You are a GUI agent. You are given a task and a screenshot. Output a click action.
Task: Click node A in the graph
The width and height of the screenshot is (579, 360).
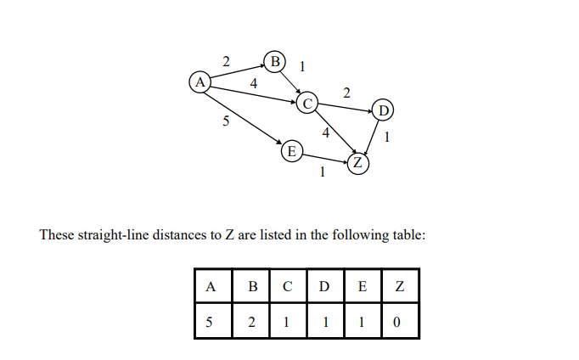tap(200, 82)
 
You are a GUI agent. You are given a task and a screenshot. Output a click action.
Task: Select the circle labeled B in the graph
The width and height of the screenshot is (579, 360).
tap(274, 61)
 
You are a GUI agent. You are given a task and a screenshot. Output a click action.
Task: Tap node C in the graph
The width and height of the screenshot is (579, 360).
tap(306, 104)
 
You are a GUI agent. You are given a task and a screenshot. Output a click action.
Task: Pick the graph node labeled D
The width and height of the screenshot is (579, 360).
tap(383, 111)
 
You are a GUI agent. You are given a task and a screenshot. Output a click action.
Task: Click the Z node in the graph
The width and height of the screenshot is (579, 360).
tap(358, 162)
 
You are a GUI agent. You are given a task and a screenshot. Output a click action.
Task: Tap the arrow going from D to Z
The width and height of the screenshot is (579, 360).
tap(372, 136)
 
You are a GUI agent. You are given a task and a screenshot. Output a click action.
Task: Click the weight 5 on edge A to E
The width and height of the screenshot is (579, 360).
tap(226, 121)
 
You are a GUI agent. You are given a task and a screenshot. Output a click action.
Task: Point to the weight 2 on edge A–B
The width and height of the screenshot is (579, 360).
tap(226, 61)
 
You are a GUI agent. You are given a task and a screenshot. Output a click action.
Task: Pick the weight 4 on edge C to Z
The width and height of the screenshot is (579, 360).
tap(326, 132)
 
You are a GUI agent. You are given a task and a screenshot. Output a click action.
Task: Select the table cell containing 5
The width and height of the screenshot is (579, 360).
tap(209, 323)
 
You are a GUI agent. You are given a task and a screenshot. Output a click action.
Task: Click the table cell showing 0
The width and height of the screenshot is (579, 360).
tap(399, 323)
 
